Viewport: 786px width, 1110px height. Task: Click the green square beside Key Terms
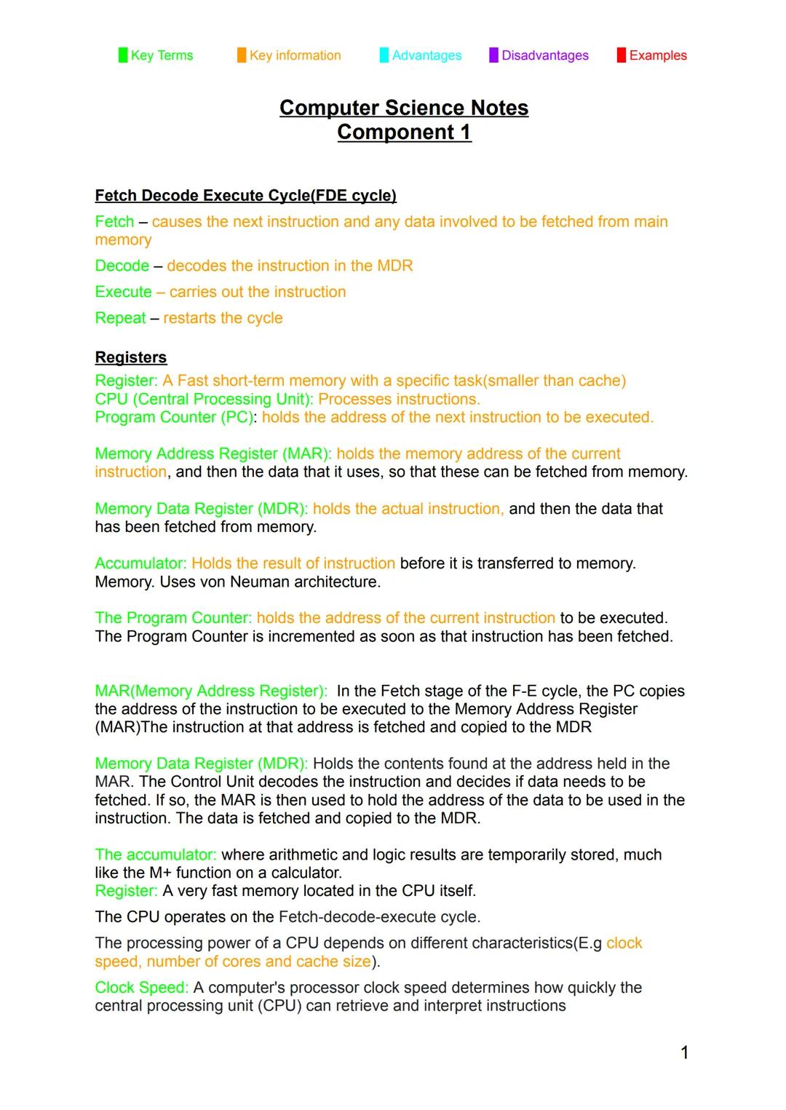coord(123,55)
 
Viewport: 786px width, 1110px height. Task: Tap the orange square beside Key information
coord(242,55)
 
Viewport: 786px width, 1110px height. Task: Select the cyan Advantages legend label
coord(426,55)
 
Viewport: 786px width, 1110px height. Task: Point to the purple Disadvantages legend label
coord(545,55)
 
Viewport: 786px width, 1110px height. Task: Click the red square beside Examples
coord(621,55)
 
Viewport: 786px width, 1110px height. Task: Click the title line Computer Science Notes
coord(404,108)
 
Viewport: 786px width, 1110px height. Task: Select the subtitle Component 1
coord(404,132)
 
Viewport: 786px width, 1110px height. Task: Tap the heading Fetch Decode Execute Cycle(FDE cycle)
coord(245,196)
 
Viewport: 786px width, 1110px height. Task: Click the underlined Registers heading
coord(131,357)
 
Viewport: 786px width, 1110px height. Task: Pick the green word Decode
coord(122,266)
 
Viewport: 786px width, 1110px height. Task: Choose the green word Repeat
coord(120,318)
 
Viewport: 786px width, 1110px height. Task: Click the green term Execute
coord(123,292)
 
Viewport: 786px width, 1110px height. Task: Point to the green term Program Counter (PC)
coord(175,417)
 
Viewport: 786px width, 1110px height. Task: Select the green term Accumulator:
coord(140,563)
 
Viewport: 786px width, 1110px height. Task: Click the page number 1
coord(684,1052)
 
